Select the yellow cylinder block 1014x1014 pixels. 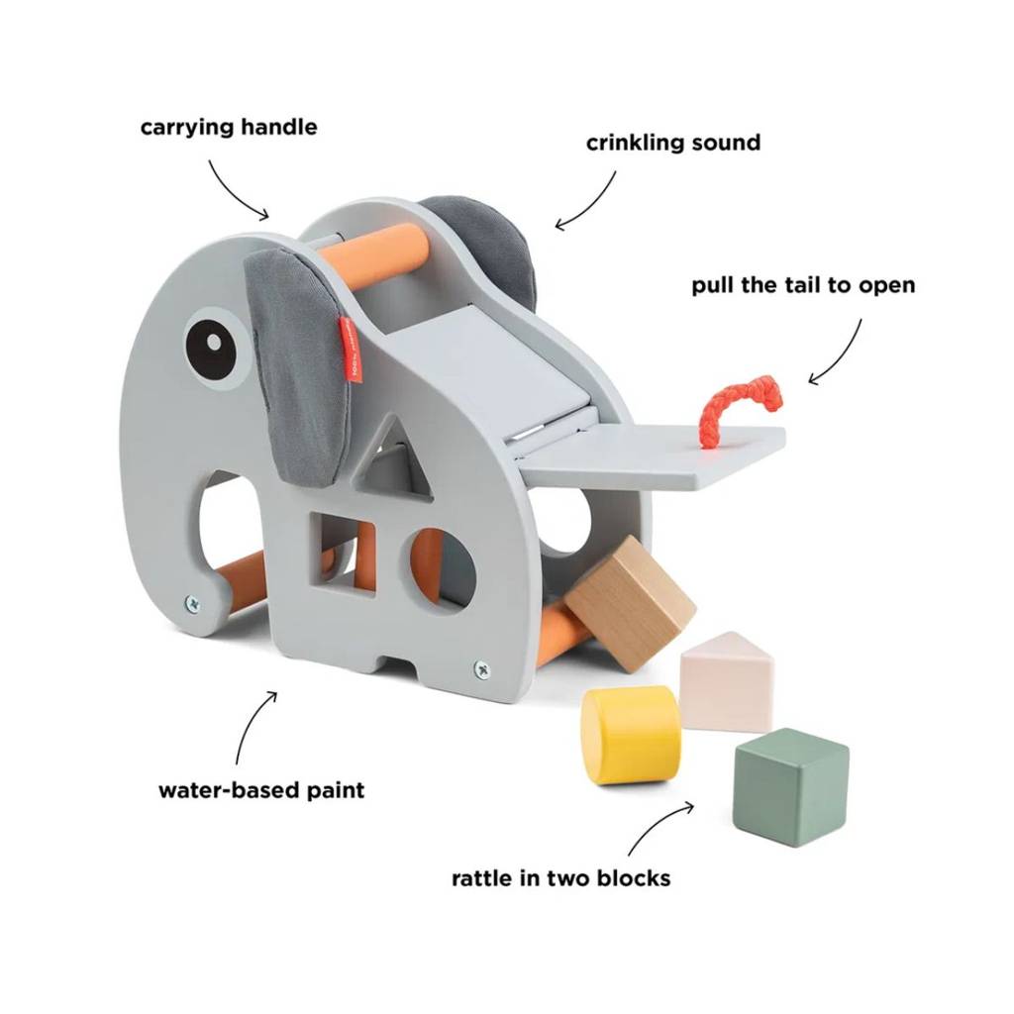click(x=631, y=736)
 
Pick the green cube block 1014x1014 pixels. click(x=790, y=784)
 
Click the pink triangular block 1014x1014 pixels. click(x=726, y=681)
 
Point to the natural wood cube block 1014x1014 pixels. click(x=630, y=603)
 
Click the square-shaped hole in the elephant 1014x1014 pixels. click(x=342, y=553)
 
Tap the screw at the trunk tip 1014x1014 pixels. click(x=193, y=603)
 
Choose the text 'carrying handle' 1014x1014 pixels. click(x=229, y=127)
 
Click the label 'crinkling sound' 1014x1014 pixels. click(x=673, y=143)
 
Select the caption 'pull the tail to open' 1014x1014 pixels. click(x=803, y=285)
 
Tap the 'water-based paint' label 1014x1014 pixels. click(x=261, y=789)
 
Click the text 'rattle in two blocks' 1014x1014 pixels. click(x=560, y=878)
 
